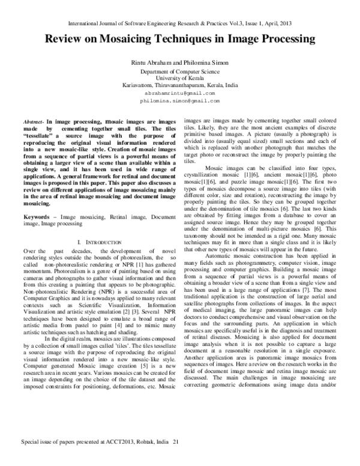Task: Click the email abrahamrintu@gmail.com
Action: pos(180,94)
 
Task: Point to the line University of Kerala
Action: pos(180,79)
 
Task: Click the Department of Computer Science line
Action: pos(180,71)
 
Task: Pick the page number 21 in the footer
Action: pos(176,458)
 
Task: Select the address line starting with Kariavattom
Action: pos(180,86)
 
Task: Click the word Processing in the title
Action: pos(282,40)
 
